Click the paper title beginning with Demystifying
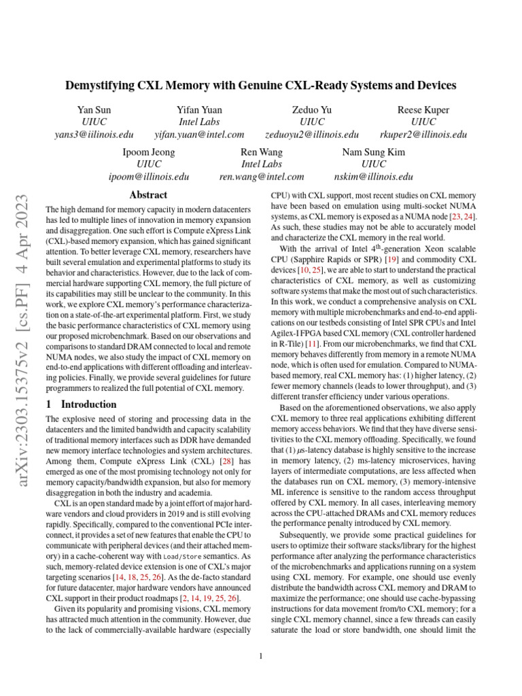coord(261,86)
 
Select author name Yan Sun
coord(94,109)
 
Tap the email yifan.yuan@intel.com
coord(199,135)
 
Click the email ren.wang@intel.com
coord(262,177)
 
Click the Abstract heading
coord(147,195)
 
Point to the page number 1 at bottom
coord(261,656)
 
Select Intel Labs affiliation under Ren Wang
coord(262,164)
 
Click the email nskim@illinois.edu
coord(369,177)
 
